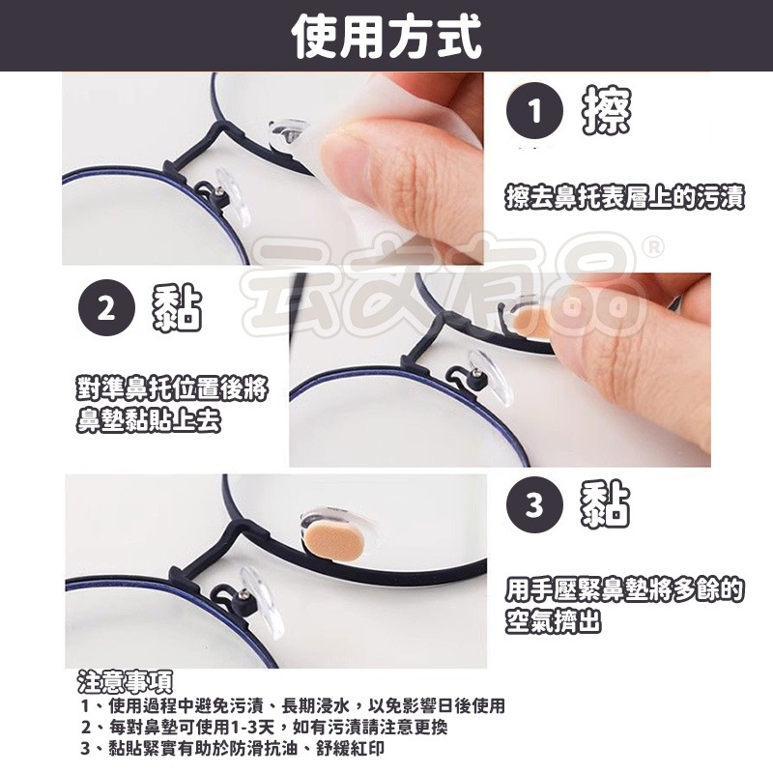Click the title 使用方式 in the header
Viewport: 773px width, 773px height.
[x=386, y=37]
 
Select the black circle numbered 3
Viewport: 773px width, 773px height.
[x=534, y=503]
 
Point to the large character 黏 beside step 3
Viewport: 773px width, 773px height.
[x=606, y=503]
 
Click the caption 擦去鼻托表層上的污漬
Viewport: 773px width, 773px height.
[x=625, y=198]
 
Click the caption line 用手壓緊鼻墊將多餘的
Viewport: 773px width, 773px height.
[x=624, y=587]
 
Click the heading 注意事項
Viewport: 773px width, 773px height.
[x=125, y=682]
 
